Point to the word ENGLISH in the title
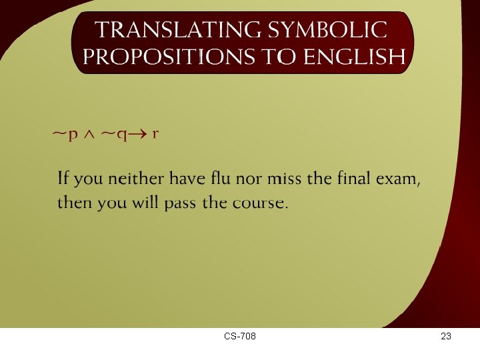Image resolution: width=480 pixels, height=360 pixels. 354,57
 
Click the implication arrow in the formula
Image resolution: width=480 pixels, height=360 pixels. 139,135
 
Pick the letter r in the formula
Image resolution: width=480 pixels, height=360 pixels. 155,135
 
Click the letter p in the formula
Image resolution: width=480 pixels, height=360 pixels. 73,135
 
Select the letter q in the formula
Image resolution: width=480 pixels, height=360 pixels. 123,135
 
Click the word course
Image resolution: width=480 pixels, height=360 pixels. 259,203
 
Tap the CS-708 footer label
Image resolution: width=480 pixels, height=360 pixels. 240,337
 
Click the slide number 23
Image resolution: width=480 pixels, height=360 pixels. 446,337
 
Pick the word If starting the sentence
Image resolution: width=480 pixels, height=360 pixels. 63,179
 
